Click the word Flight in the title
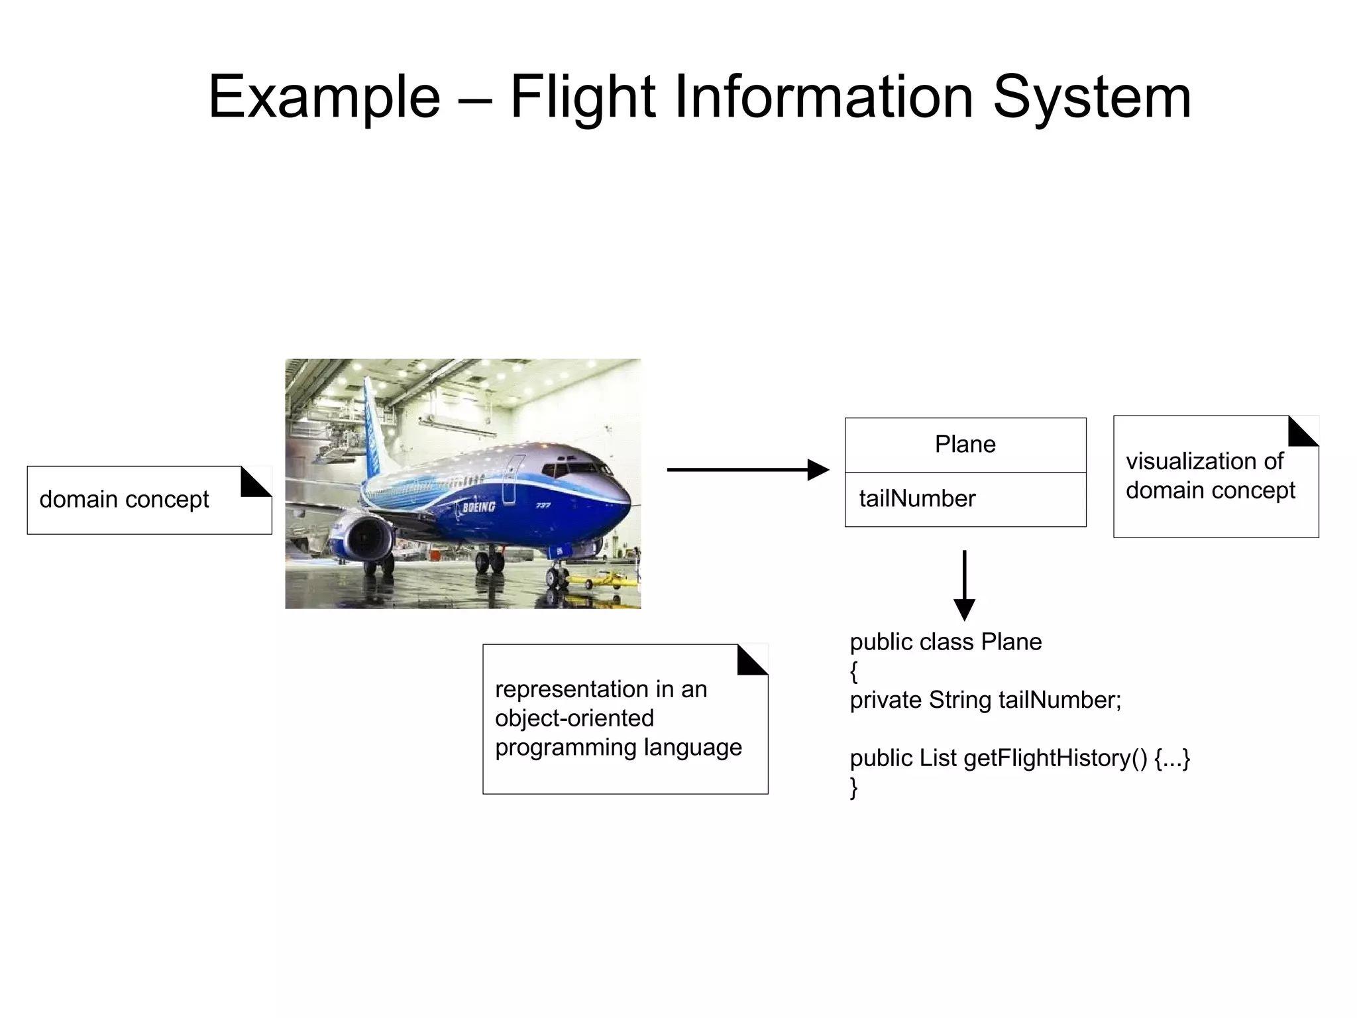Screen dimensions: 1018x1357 [582, 97]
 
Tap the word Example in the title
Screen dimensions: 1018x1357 [324, 97]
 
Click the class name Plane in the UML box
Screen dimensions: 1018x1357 [965, 444]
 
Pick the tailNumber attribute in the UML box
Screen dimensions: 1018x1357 [917, 498]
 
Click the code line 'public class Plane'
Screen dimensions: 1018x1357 [946, 642]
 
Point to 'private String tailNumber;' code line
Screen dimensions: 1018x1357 [985, 700]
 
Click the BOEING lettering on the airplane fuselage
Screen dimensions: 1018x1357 [478, 507]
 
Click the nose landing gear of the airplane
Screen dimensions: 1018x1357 [555, 576]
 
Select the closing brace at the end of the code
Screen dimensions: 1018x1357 [854, 787]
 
